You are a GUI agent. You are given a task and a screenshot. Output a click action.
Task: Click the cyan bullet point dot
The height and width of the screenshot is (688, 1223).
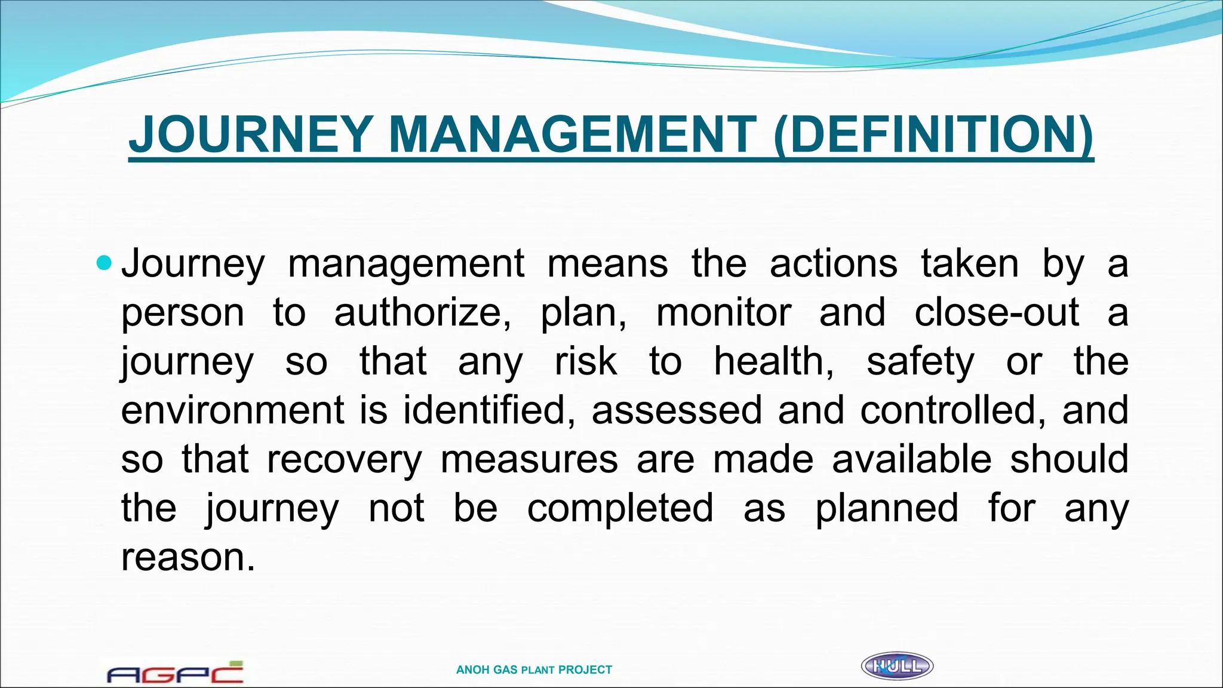tap(104, 263)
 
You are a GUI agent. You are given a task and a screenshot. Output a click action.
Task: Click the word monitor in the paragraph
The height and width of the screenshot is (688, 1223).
tap(723, 313)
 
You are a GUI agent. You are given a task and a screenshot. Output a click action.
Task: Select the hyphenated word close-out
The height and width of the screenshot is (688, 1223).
tap(997, 313)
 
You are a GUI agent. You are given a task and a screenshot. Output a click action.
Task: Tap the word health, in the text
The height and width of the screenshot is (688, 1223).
tap(774, 362)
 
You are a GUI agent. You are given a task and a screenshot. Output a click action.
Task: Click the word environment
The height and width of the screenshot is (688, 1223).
tap(233, 411)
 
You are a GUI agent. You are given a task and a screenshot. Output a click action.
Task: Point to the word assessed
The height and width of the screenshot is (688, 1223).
tap(677, 411)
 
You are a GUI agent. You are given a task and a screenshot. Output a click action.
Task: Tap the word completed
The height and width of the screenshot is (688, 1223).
tap(620, 509)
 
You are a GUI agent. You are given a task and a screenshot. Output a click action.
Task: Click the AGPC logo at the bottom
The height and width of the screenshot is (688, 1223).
tap(175, 672)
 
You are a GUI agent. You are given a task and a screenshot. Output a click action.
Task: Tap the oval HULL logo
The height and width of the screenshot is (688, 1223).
tap(897, 666)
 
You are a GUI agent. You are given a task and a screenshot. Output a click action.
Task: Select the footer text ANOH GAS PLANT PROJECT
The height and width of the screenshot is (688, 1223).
tap(534, 670)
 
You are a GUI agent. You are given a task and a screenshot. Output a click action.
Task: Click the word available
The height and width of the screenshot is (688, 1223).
tap(911, 460)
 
